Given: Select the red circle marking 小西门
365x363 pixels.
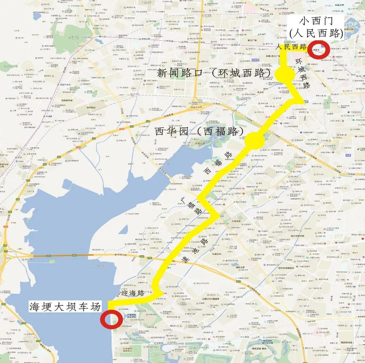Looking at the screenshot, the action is pyautogui.click(x=318, y=50).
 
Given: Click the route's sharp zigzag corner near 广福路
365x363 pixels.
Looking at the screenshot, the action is pyautogui.click(x=217, y=215).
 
